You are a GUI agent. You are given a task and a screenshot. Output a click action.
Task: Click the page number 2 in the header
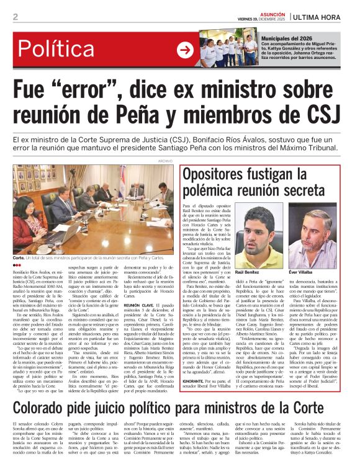click(x=16, y=17)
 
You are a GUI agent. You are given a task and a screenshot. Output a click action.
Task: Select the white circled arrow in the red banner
click(x=185, y=50)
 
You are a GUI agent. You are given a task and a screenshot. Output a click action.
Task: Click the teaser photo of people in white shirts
click(x=228, y=48)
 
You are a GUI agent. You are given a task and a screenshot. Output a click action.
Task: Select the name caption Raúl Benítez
click(x=247, y=272)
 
